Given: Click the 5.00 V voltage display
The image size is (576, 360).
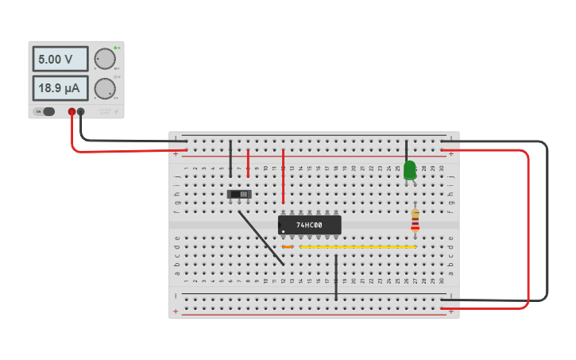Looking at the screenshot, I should pos(60,59).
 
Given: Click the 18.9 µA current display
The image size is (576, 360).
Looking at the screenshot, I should pos(60,87).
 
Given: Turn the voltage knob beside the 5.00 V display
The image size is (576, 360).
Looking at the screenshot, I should pos(104,59).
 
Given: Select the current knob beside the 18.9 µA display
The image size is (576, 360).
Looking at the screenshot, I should pos(104,87).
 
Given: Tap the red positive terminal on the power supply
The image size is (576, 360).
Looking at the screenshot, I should pos(72,112).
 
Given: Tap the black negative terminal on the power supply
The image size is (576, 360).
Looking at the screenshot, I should pos(81,112).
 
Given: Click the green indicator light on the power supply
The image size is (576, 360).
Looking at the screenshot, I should pos(115,48).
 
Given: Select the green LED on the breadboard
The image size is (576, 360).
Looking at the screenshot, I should pos(409,169).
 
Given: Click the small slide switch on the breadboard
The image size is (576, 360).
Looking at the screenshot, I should pos(239,194).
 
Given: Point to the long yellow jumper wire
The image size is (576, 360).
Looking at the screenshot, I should pos(358,247).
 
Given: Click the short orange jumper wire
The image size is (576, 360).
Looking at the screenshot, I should pos(288,247).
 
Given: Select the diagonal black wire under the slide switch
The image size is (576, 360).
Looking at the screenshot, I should pos(261,238).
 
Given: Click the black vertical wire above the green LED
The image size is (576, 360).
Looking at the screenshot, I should pos(406,150).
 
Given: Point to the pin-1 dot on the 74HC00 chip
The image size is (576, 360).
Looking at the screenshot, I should pos(284,231).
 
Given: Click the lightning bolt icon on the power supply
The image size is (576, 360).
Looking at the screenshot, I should pos(116,112).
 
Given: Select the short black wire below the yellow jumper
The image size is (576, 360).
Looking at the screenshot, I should pos(336,277).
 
